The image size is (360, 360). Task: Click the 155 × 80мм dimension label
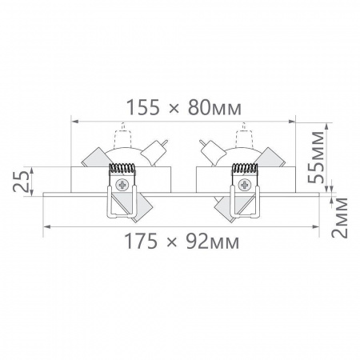pos(184,107)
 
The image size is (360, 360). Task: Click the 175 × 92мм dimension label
pos(182,241)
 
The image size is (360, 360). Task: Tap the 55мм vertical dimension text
pos(316,157)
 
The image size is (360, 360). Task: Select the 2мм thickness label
pos(339,218)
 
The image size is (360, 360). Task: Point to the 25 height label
pos(21,182)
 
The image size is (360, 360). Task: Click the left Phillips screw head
pos(122,185)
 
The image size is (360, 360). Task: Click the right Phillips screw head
pos(244,185)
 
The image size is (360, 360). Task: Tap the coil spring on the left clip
pos(122,168)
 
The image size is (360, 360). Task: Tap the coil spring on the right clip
pos(245,168)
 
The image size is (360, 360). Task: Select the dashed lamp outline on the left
pos(123,135)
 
